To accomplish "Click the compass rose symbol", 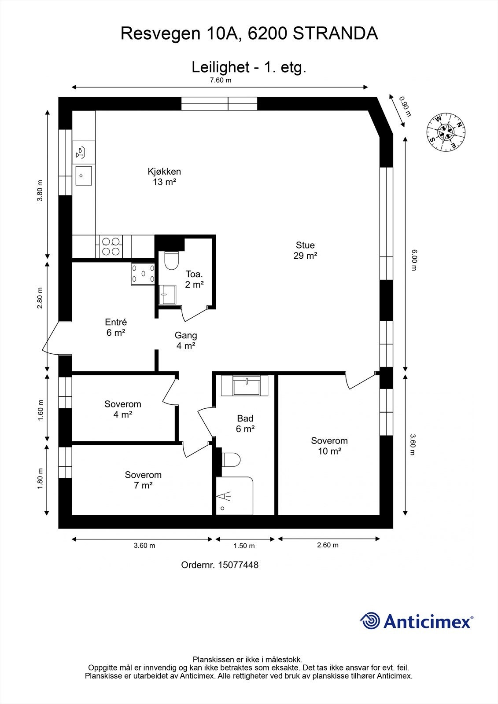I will click(446, 131).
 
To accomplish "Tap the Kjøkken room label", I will click(164, 176).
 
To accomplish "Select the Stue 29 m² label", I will click(305, 250).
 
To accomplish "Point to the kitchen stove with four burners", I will click(111, 246).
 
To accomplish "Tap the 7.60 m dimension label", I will click(220, 80).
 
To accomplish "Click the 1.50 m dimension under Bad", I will click(244, 546).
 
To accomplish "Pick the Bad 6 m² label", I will click(245, 423).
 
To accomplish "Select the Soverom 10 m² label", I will click(329, 446).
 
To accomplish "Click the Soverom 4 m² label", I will click(122, 409).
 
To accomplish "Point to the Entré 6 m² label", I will click(116, 327).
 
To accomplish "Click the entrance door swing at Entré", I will click(49, 338).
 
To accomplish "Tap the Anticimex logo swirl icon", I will click(370, 621).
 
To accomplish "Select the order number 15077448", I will click(238, 565).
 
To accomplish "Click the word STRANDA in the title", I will click(335, 33).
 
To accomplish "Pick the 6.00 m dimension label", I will click(413, 260).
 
